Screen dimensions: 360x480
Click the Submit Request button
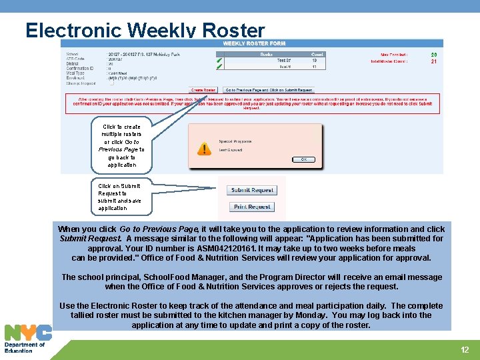click(x=252, y=190)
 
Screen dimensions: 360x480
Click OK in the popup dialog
click(x=303, y=159)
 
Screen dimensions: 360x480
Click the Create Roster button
click(x=203, y=90)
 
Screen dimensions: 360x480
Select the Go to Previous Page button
click(x=269, y=90)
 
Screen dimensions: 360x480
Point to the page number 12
click(x=465, y=349)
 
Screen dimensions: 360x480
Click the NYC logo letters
click(x=28, y=333)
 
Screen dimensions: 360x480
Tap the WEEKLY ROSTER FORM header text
click(x=253, y=43)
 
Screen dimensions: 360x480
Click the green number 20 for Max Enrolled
click(x=434, y=55)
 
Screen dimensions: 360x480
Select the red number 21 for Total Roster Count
click(x=434, y=61)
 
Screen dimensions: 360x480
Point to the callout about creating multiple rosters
click(x=121, y=145)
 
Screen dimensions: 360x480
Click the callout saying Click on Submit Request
click(x=119, y=197)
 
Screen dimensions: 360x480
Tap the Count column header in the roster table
click(x=317, y=54)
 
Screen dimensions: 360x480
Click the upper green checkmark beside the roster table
click(x=219, y=60)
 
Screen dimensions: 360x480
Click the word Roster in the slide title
click(x=233, y=31)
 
